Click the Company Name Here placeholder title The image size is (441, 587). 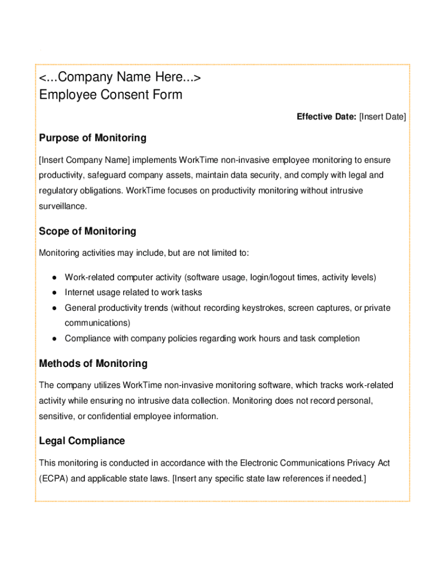pos(120,77)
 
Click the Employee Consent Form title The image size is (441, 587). pos(111,95)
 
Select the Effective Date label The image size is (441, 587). pos(326,117)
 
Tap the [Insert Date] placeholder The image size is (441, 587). pos(382,117)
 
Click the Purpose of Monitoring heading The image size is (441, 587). pos(92,138)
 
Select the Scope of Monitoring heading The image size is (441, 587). pos(88,232)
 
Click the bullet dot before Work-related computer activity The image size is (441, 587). pos(53,278)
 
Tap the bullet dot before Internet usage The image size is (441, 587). pos(53,293)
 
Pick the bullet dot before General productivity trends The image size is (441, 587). pos(53,308)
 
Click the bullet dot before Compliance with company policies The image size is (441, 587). pos(53,339)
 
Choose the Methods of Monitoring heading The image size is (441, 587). pos(93,363)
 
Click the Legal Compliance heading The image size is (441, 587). pos(82,441)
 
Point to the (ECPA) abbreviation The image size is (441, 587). pos(53,478)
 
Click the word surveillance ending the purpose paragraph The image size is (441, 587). pos(62,205)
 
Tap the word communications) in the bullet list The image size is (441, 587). pos(97,323)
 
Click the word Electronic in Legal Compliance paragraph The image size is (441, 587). pos(258,463)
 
